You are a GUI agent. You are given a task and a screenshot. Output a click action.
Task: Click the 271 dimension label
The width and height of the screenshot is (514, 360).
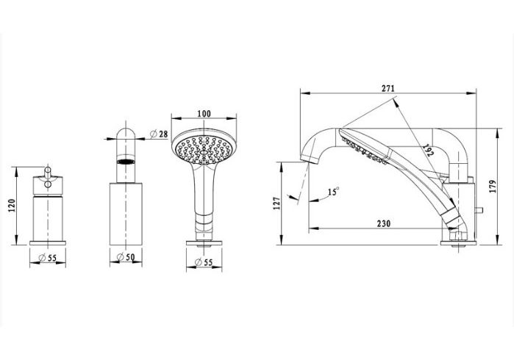(x=388, y=88)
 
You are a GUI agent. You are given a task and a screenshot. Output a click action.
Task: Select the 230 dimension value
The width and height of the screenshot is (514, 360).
(x=384, y=223)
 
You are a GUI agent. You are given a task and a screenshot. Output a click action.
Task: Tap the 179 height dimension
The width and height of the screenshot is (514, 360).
(x=493, y=187)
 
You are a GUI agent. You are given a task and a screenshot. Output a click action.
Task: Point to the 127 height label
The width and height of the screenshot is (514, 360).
(x=277, y=203)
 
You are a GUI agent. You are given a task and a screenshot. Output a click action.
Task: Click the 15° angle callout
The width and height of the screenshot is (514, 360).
(x=333, y=191)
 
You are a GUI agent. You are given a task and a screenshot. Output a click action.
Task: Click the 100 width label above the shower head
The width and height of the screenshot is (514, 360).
(x=204, y=114)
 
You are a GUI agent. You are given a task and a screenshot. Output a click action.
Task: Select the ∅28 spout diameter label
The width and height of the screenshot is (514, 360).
(x=159, y=134)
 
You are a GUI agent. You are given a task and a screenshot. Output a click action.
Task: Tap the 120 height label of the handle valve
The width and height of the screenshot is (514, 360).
(x=12, y=206)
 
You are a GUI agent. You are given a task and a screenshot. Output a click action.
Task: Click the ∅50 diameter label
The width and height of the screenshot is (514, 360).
(x=126, y=257)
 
